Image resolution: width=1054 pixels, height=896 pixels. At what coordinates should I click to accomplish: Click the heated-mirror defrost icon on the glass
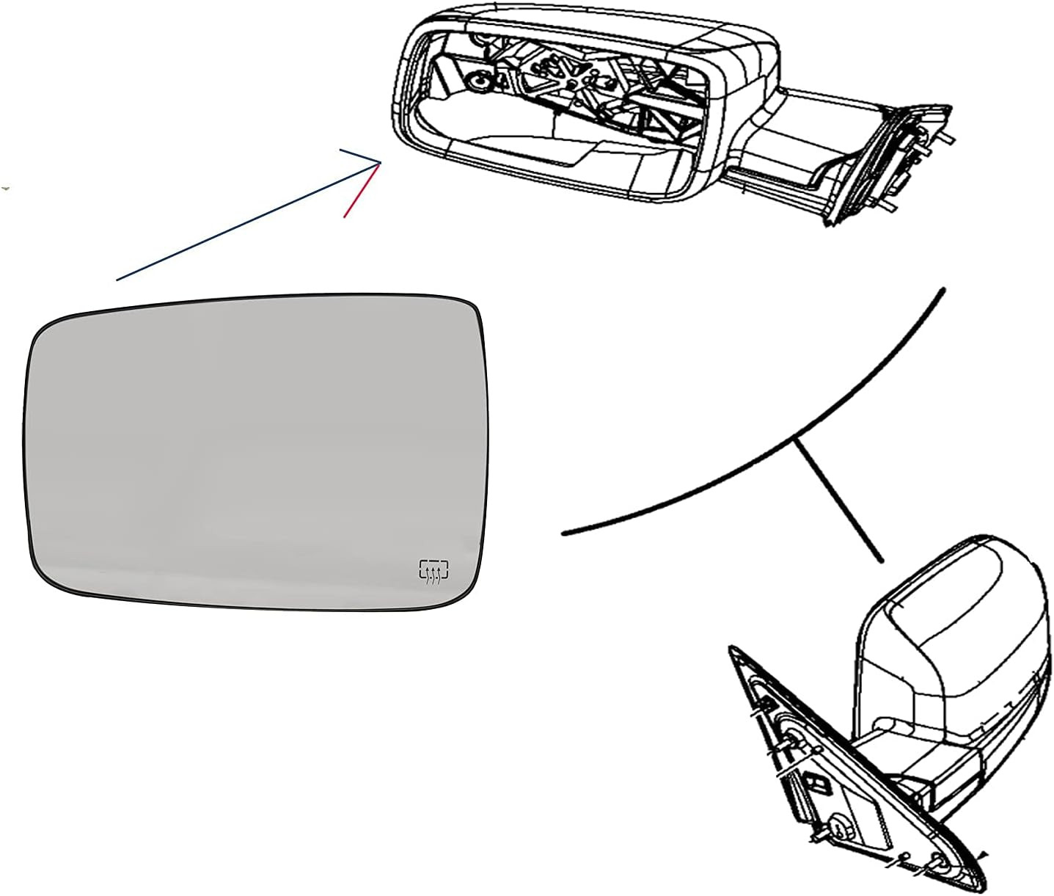pyautogui.click(x=434, y=572)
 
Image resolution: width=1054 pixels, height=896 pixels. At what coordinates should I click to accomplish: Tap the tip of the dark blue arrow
pyautogui.click(x=381, y=162)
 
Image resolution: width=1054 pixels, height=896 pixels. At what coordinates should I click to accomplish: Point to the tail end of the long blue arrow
pyautogui.click(x=117, y=280)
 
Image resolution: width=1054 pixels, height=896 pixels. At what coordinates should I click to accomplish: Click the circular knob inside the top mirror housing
pyautogui.click(x=479, y=81)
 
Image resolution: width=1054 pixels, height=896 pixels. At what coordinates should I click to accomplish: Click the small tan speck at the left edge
pyautogui.click(x=6, y=189)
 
